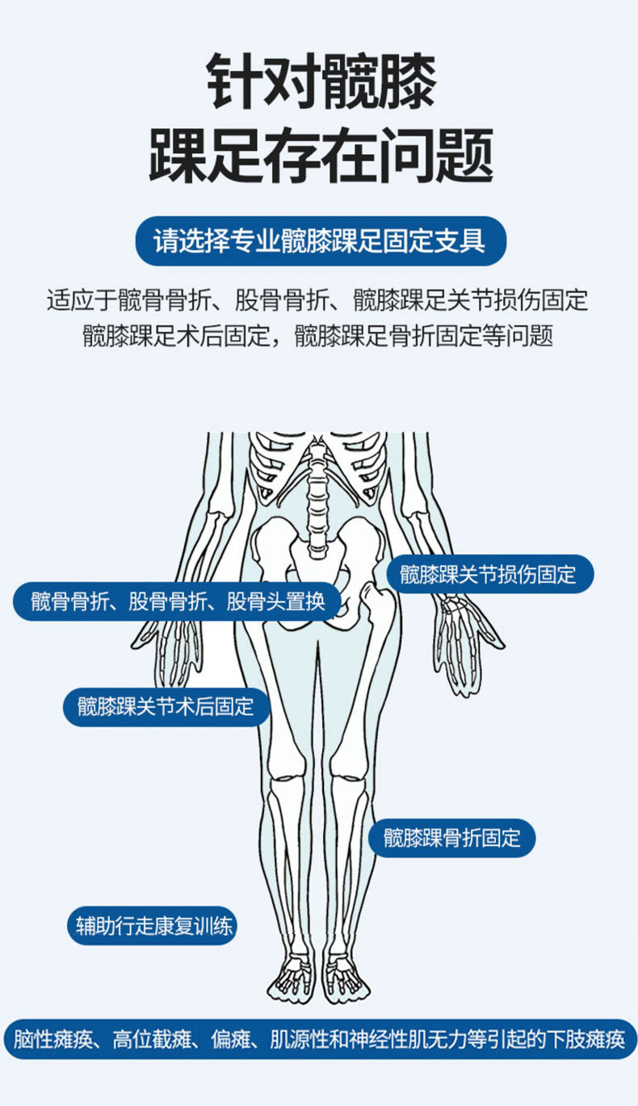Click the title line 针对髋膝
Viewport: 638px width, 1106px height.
321,81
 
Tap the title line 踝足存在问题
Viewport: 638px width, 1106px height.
321,155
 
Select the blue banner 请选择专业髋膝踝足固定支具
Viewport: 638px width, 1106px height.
321,241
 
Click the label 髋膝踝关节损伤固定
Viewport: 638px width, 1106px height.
490,574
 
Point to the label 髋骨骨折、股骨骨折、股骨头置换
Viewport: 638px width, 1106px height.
178,601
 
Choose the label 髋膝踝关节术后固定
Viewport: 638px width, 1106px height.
166,706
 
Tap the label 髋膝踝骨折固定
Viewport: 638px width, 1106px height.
451,838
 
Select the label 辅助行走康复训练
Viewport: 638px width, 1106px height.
152,925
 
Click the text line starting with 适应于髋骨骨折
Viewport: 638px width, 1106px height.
317,300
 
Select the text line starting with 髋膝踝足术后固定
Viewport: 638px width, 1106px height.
317,336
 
